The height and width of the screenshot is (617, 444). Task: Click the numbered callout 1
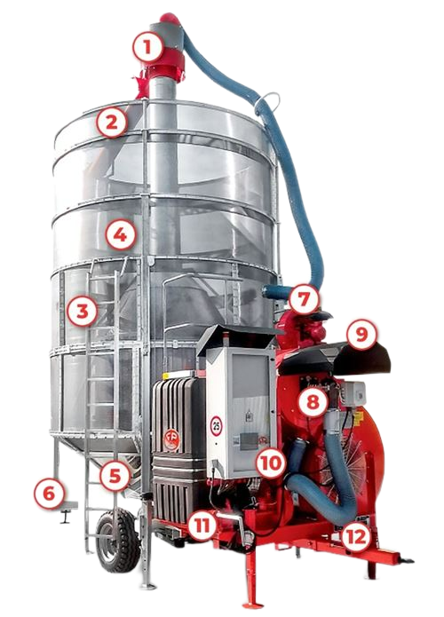point(147,47)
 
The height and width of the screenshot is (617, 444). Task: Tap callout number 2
point(112,123)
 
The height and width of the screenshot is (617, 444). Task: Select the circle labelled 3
point(83,312)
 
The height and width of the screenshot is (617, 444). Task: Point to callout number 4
point(121,235)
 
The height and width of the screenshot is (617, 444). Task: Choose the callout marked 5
point(115,476)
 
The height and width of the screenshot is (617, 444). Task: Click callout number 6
point(49,493)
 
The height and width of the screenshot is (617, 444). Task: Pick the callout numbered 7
point(304,299)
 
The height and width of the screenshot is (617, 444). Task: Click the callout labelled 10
point(271,463)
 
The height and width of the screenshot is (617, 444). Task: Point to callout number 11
point(202,526)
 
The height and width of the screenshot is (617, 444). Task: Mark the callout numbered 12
point(356,537)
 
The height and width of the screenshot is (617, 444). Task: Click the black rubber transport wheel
point(118,540)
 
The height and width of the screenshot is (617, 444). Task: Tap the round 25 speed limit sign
point(216,426)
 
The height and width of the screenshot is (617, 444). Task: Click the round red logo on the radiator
point(171,439)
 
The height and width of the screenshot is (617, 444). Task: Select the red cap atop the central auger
point(170,18)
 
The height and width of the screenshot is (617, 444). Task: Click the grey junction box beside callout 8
point(353,393)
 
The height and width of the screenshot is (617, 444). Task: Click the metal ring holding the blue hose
point(267,102)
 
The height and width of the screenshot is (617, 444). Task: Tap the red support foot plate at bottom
point(253,605)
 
